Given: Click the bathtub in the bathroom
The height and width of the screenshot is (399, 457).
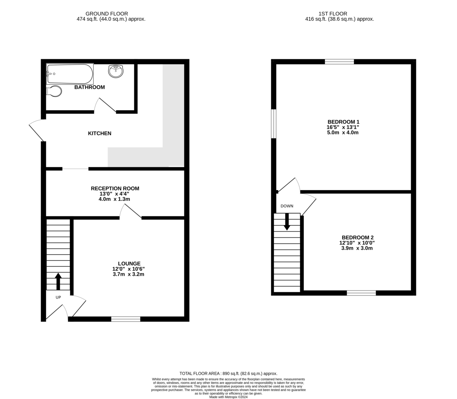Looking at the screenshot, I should (70, 74).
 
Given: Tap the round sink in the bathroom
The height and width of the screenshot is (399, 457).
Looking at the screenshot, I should (116, 71).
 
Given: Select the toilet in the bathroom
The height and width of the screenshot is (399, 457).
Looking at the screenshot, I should (54, 91).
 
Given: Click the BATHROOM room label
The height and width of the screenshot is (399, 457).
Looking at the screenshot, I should (89, 87).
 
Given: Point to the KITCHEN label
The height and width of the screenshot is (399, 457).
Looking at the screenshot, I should (99, 133).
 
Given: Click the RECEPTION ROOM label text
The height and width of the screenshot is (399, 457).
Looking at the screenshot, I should (115, 188).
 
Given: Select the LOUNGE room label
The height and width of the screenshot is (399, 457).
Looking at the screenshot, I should (129, 263).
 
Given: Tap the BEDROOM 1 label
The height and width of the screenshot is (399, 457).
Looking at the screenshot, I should (343, 122).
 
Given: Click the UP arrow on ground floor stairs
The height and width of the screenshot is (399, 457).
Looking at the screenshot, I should (58, 281).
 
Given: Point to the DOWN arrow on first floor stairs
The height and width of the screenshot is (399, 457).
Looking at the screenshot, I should (287, 222).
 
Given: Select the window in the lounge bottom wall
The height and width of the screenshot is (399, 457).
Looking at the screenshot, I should (126, 319).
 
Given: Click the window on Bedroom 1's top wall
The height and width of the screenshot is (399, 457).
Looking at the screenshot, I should (339, 62).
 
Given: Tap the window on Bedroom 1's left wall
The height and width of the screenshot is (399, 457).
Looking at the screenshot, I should (273, 124).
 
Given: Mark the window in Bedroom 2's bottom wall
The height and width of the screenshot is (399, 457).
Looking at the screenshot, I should (361, 292).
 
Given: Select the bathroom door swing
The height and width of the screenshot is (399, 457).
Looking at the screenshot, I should (105, 106).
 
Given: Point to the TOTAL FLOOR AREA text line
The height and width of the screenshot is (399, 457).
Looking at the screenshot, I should (228, 374).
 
